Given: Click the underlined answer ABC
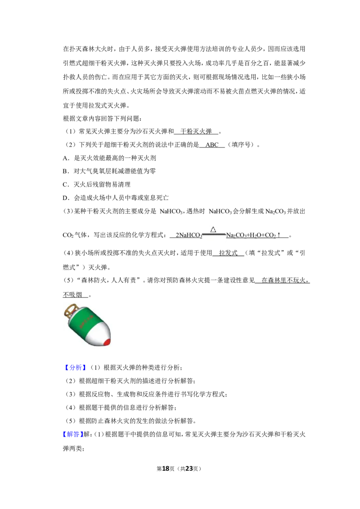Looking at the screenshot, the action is [x=212, y=145].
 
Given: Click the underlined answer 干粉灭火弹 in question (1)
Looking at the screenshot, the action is [x=196, y=131].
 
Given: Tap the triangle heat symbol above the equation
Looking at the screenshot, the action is [x=213, y=229].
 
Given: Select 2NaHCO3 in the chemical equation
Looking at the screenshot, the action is [x=189, y=235].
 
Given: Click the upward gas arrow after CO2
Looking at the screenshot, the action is [x=279, y=235].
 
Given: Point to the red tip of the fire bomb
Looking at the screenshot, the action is [x=107, y=341].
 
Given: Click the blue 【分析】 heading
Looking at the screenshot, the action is [x=75, y=367].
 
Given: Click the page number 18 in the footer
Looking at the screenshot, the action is [x=166, y=469].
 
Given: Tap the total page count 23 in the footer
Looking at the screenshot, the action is [x=189, y=469].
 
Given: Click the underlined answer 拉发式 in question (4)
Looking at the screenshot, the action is [x=228, y=253].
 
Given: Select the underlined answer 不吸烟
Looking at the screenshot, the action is [x=72, y=295].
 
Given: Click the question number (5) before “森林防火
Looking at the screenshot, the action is [x=69, y=280].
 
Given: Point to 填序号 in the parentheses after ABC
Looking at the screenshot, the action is [x=241, y=145].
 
